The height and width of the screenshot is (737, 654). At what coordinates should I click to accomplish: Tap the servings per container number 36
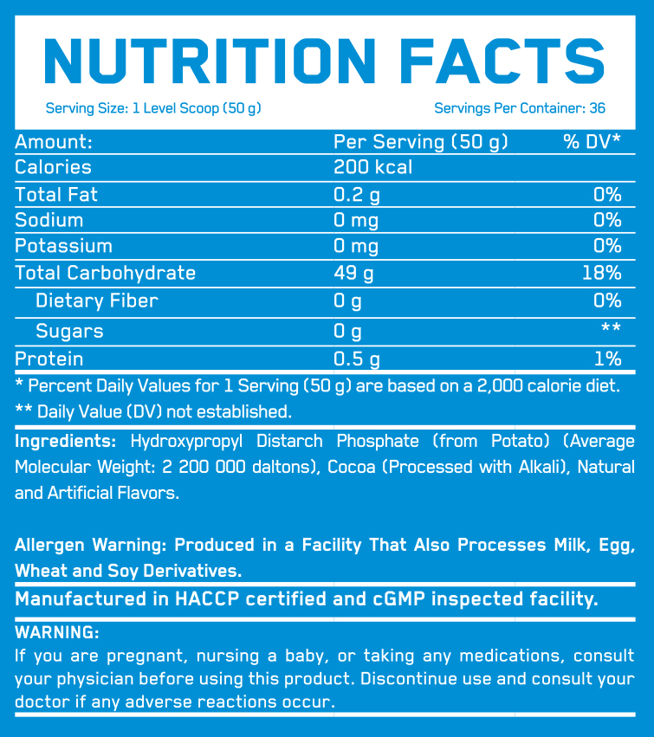596,108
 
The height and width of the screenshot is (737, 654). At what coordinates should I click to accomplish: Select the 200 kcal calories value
373,167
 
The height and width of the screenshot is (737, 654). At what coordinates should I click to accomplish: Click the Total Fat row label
56,194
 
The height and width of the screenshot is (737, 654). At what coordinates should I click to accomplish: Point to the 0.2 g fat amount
357,194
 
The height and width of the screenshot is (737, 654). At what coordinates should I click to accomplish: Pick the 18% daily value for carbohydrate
602,273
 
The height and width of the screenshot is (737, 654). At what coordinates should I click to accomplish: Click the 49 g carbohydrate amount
353,273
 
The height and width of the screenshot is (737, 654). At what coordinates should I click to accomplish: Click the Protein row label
49,359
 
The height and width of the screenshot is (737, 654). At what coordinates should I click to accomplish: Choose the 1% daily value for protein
608,359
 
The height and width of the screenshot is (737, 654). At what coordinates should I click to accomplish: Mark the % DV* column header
592,141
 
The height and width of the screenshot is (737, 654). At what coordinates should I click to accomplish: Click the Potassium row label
64,246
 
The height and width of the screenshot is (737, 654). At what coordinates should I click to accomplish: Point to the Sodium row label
49,220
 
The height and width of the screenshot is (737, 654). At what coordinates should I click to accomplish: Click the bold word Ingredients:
66,441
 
